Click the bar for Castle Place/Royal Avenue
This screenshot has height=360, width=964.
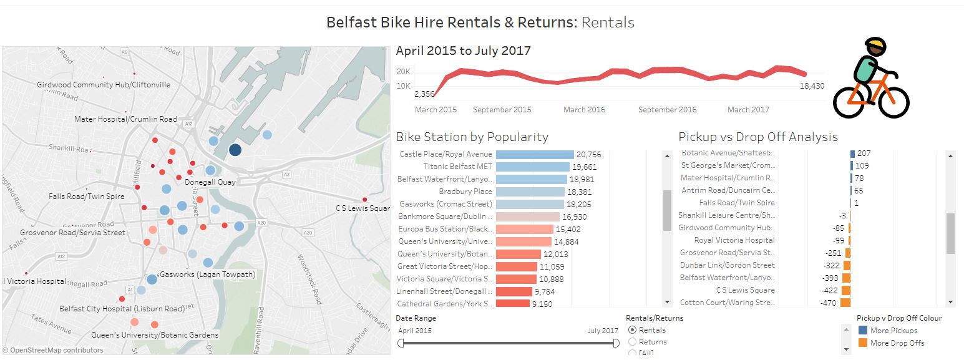click(534, 154)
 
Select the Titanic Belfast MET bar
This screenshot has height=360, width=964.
click(532, 167)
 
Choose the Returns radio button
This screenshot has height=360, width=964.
click(633, 342)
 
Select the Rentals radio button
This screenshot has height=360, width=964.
click(633, 330)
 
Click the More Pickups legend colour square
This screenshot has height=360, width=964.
click(863, 331)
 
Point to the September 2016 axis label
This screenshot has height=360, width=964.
click(667, 110)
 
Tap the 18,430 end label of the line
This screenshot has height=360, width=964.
click(812, 86)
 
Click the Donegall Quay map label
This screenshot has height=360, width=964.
click(210, 182)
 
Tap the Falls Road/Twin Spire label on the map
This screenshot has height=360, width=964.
click(86, 197)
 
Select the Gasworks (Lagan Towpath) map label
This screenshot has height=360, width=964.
click(208, 275)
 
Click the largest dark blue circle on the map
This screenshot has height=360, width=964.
click(235, 150)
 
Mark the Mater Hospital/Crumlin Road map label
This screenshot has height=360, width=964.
click(125, 119)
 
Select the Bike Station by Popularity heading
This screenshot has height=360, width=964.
click(472, 137)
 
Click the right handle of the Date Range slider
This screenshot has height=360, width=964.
click(616, 343)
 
